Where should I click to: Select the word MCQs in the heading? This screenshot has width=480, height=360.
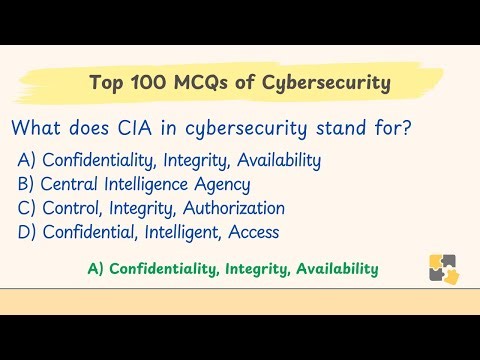click(196, 82)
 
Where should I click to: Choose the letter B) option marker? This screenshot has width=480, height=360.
click(27, 184)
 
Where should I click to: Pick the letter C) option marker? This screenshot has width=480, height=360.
click(27, 208)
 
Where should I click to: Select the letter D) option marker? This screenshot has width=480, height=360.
click(27, 232)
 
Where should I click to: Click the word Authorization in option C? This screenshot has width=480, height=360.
click(233, 208)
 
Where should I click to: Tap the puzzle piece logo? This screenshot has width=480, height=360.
click(443, 268)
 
